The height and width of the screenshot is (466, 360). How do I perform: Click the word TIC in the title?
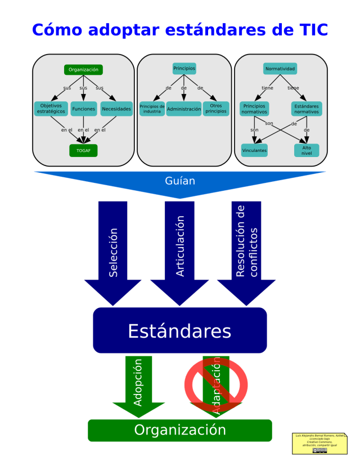tap(308, 29)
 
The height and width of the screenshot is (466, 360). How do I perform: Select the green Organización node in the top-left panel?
tap(83, 70)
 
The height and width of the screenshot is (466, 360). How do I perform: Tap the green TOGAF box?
tap(83, 151)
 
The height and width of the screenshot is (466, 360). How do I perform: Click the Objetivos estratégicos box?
tap(51, 109)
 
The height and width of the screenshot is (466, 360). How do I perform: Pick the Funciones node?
tap(83, 109)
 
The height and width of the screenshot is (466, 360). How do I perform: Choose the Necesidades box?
tap(116, 109)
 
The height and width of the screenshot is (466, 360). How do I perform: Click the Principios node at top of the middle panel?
tap(184, 68)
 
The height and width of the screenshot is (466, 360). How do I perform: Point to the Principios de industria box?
tap(152, 109)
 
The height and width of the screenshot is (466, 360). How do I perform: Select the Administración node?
tap(183, 109)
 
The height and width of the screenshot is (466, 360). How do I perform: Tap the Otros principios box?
tap(216, 109)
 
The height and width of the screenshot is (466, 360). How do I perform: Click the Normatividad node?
tap(280, 69)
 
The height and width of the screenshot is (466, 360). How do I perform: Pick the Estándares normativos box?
tap(307, 109)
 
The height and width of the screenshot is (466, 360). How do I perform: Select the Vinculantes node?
tap(254, 150)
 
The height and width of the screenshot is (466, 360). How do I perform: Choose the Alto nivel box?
tap(307, 150)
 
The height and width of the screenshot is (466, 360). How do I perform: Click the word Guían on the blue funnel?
tap(180, 181)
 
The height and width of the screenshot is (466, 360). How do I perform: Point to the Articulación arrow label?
tap(180, 246)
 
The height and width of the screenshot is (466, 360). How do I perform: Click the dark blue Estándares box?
tap(179, 330)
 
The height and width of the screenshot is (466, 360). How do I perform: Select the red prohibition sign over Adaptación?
tap(216, 384)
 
